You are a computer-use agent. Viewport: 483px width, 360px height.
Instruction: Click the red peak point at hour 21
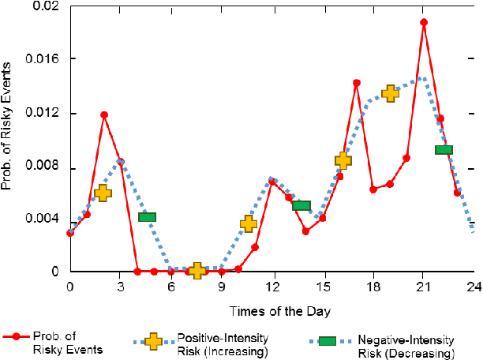coord(424,23)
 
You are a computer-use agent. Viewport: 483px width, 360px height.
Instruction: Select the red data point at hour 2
coord(103,115)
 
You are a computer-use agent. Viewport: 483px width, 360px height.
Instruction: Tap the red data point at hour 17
coord(357,83)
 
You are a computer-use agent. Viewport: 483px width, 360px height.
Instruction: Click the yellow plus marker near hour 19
coord(390,93)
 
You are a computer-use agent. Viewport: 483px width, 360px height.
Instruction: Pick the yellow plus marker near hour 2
coord(103,193)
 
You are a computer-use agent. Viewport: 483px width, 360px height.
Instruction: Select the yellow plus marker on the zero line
coord(197,271)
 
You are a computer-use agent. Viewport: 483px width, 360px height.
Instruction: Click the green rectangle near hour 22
coord(444,150)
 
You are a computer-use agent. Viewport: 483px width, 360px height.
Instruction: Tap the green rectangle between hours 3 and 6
coord(147,216)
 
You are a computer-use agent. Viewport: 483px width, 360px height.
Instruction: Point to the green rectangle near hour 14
coord(301,206)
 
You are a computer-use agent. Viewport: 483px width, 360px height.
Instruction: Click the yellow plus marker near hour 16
coord(343,161)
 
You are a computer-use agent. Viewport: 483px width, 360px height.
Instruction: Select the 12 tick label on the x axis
coord(271,286)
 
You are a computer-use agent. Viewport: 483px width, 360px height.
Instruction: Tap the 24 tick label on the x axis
coord(474,286)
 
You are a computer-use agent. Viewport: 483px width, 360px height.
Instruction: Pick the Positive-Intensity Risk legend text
coord(223,345)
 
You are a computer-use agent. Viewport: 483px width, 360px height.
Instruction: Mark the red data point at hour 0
coord(70,233)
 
